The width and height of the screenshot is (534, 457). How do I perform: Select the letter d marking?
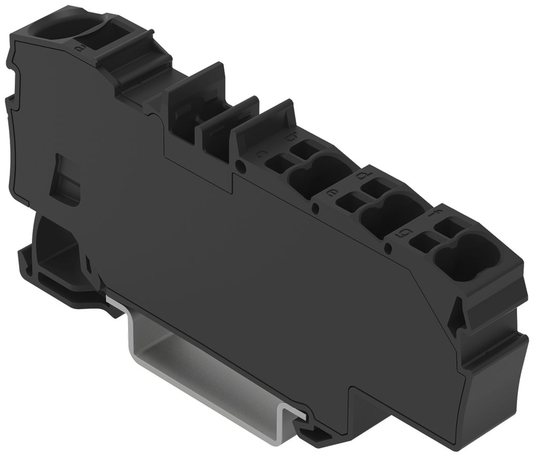(x=363, y=176)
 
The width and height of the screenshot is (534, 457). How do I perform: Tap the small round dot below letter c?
(x=240, y=165)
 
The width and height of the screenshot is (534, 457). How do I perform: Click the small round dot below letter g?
(x=388, y=248)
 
